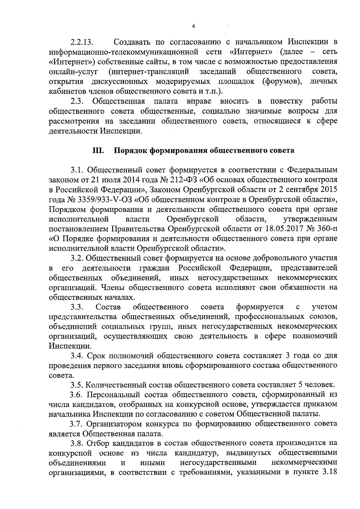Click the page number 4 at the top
[x=193, y=26]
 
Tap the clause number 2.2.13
[x=82, y=42]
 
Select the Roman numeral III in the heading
[x=98, y=150]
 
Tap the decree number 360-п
[x=327, y=229]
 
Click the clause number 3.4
[x=77, y=356]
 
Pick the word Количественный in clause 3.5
[x=116, y=385]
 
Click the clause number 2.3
[x=77, y=101]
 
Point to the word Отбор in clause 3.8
[x=97, y=443]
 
